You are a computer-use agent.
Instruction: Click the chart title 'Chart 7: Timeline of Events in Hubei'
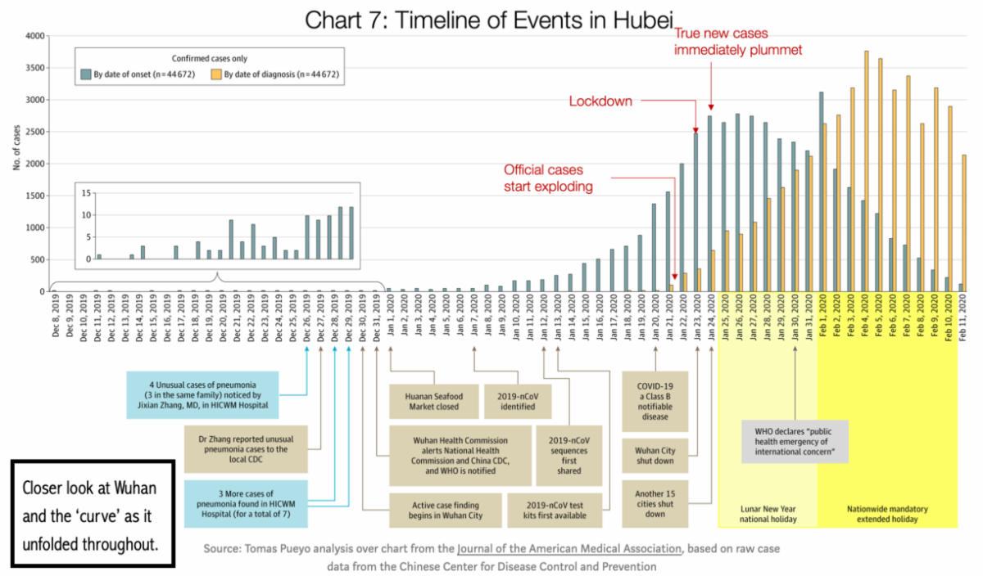(490, 20)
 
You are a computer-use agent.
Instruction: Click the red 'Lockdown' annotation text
(600, 101)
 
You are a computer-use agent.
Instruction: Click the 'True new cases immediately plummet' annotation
(736, 42)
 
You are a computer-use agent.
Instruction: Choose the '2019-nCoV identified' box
(517, 400)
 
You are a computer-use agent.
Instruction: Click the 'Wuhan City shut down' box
(655, 454)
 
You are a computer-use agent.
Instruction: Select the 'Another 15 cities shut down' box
(655, 498)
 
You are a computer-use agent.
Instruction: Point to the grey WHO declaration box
(795, 441)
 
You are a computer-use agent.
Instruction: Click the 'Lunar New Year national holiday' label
(767, 513)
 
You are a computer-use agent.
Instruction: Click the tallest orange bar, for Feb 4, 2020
(866, 172)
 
